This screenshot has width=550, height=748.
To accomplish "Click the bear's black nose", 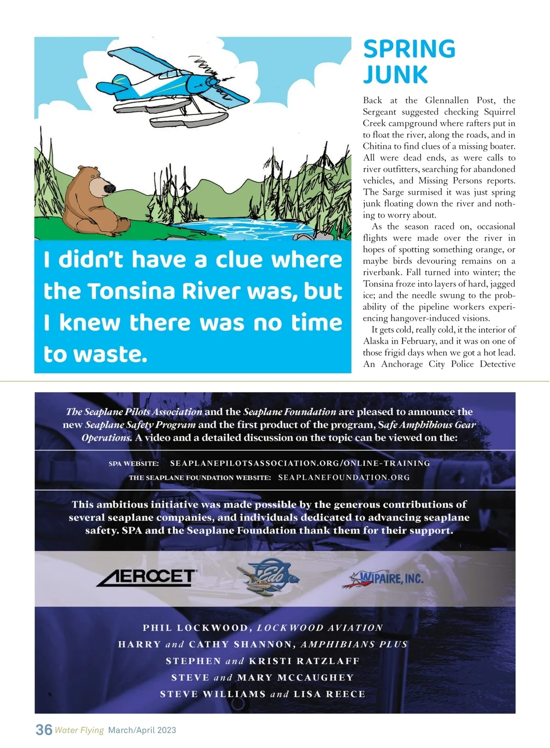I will pyautogui.click(x=109, y=188).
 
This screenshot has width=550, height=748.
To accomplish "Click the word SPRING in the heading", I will pyautogui.click(x=409, y=49).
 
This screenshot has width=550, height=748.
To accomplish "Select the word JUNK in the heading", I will pyautogui.click(x=395, y=75).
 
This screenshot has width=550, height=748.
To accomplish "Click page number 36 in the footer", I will pyautogui.click(x=44, y=729).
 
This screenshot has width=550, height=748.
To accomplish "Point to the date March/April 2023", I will pyautogui.click(x=142, y=730).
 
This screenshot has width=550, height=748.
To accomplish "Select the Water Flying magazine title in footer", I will pyautogui.click(x=79, y=730).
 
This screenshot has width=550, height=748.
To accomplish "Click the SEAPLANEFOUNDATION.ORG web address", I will pyautogui.click(x=344, y=477).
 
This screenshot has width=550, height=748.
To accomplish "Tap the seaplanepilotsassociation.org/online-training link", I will pyautogui.click(x=300, y=463).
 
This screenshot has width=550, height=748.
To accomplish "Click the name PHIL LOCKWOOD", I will pyautogui.click(x=196, y=628).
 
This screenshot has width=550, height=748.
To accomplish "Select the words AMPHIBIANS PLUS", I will pyautogui.click(x=354, y=644).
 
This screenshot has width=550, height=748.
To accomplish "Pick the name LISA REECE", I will pyautogui.click(x=329, y=694).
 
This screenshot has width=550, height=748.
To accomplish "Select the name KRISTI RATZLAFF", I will pyautogui.click(x=304, y=661).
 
